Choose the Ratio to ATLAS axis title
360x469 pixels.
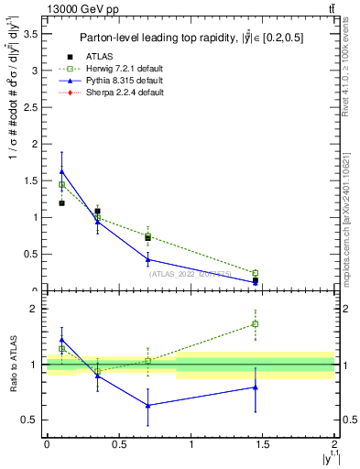click(x=14, y=364)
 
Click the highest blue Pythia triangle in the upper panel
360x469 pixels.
click(x=61, y=171)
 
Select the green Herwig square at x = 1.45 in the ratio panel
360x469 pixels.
click(x=256, y=323)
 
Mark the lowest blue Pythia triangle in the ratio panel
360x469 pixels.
click(x=147, y=405)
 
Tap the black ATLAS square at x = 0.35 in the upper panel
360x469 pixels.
click(x=97, y=212)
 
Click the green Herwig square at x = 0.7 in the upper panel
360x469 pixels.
click(x=147, y=235)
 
